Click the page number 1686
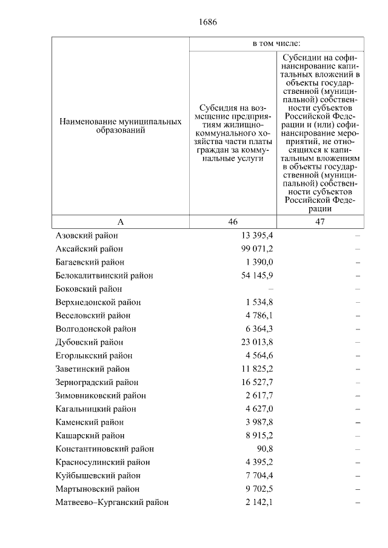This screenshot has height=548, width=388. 207,22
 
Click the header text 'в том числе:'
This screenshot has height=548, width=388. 276,44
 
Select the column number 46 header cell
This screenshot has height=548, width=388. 233,222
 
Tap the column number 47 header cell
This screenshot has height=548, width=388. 320,222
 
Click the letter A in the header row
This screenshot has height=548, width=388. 120,222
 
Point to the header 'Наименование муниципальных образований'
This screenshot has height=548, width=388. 120,126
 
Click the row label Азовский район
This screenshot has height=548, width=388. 86,236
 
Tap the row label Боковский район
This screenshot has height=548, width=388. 89,289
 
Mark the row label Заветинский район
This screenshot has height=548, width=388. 92,369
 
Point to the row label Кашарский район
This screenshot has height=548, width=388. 90,435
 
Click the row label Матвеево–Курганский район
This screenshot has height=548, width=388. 112,502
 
